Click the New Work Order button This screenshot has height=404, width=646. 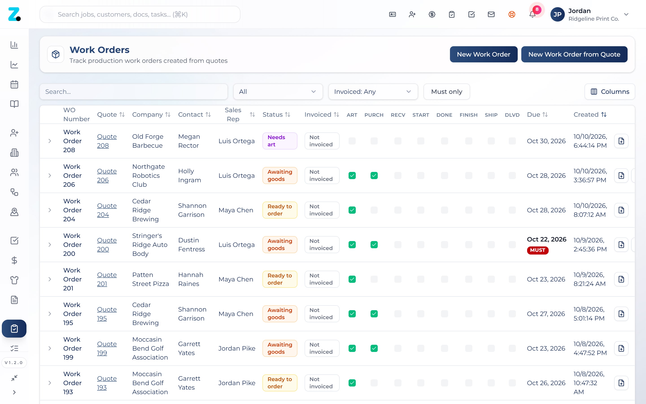tap(483, 54)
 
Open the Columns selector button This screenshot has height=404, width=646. tap(610, 92)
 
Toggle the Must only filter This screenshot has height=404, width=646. tap(447, 92)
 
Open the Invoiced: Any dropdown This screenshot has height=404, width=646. tap(373, 92)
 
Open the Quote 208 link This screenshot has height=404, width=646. tap(107, 141)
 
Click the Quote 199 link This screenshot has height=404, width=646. tap(107, 348)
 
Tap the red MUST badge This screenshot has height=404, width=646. tap(538, 250)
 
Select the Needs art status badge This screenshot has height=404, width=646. tap(280, 141)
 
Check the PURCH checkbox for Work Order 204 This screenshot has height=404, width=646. tap(374, 210)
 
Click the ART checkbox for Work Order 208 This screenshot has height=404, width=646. tap(352, 141)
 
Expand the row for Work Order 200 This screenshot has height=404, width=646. tap(50, 245)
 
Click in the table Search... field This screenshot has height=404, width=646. tap(133, 92)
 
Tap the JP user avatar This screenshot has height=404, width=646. tap(557, 14)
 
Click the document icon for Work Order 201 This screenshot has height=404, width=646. tap(621, 279)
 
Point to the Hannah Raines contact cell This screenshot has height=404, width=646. tap(191, 279)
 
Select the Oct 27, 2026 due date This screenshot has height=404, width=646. tap(546, 314)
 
